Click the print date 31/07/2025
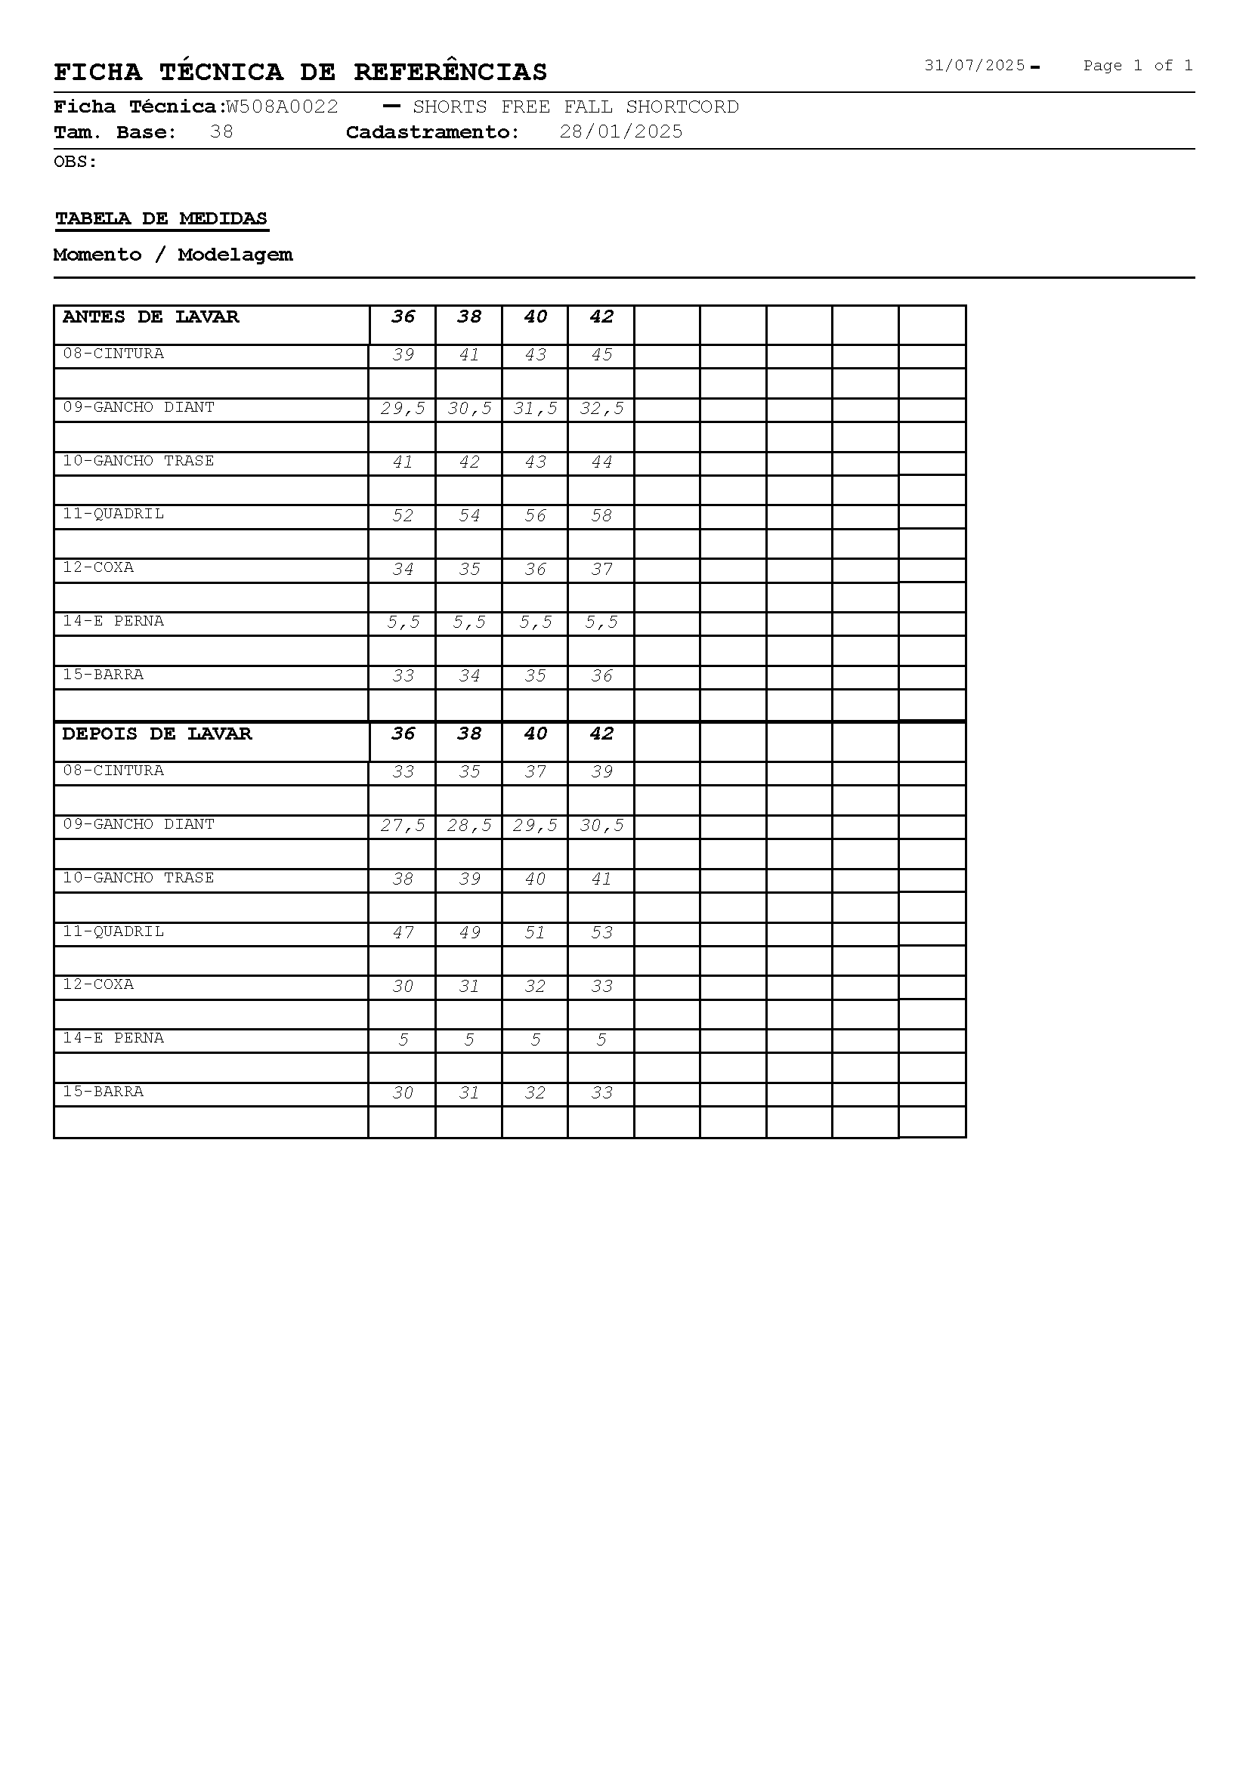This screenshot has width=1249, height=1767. (x=974, y=66)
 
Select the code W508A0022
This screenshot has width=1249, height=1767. (x=282, y=107)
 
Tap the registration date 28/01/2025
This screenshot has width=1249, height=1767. (x=621, y=131)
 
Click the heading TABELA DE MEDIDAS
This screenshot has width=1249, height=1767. (x=162, y=218)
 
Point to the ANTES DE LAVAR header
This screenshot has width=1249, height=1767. (x=151, y=317)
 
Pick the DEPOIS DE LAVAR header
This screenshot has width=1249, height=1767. (x=157, y=734)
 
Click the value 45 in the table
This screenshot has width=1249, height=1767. (x=601, y=355)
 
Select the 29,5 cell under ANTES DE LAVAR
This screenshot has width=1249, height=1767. (x=403, y=409)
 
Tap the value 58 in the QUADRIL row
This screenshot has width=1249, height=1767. (x=601, y=516)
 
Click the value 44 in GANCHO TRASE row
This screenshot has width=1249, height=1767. (x=601, y=462)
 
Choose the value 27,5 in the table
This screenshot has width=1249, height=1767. (x=403, y=826)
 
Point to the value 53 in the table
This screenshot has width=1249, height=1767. (x=601, y=933)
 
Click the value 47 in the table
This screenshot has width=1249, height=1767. (x=403, y=933)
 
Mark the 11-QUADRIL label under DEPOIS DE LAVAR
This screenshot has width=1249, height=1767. (x=113, y=931)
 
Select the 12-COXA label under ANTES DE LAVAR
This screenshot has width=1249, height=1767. (x=98, y=567)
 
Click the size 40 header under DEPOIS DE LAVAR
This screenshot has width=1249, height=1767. (x=535, y=734)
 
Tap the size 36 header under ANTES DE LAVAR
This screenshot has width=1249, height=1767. (x=403, y=317)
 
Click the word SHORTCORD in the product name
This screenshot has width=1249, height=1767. (x=682, y=107)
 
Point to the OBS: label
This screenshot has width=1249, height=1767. (x=76, y=162)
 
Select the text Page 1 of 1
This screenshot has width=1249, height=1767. (x=1137, y=66)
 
